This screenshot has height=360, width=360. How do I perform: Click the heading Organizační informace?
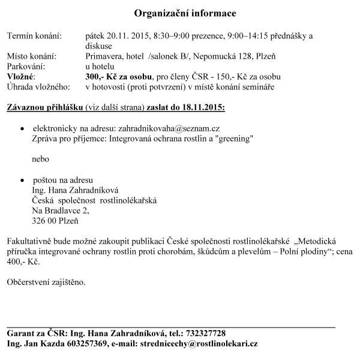pos(180,13)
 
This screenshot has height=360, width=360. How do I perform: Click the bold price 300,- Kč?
pos(103,77)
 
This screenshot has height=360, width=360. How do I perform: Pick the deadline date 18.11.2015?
pos(201,108)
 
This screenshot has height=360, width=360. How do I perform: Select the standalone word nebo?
pos(41,159)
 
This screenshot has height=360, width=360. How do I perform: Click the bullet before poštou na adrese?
pos(22,180)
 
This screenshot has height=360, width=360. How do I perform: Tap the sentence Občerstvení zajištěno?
pos(46,281)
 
